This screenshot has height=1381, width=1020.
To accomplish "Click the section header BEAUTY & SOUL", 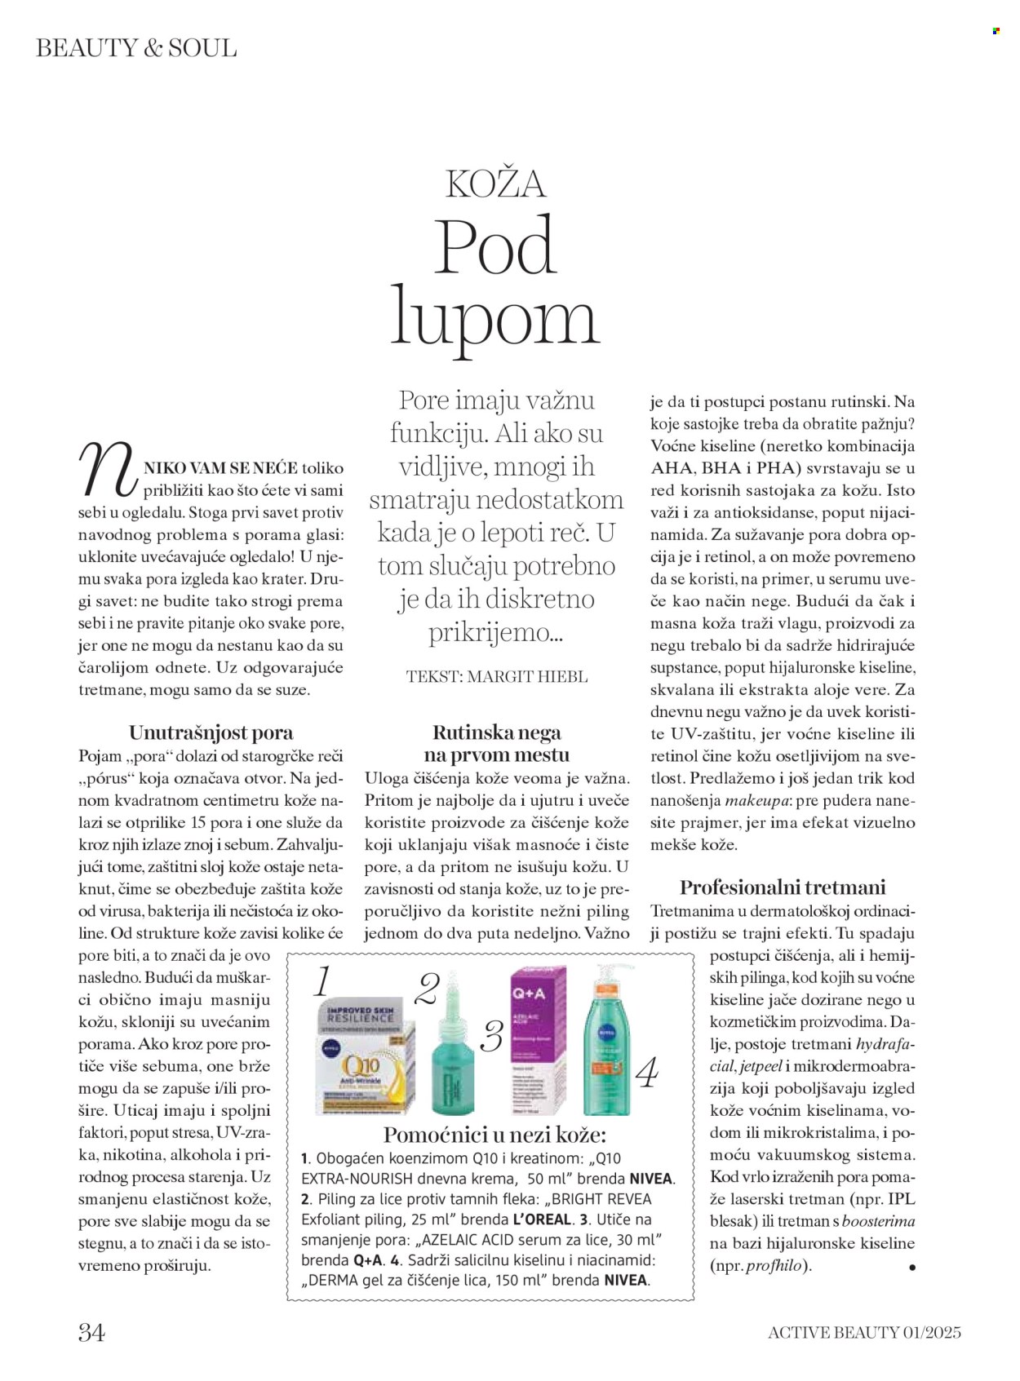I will click(x=136, y=48).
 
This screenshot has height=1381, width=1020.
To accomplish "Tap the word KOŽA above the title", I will click(x=495, y=184).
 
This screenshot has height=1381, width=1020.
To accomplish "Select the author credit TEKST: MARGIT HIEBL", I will click(x=496, y=676).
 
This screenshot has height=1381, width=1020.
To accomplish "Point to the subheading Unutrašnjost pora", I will click(x=211, y=732).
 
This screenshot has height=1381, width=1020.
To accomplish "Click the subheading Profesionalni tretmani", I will click(x=782, y=887).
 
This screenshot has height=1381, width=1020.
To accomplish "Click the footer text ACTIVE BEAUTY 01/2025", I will click(x=864, y=1332).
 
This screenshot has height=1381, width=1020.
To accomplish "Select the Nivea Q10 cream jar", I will click(x=364, y=1059).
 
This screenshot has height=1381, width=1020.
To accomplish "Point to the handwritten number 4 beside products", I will click(x=646, y=1072).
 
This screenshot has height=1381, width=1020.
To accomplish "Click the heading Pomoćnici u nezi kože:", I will click(x=494, y=1135).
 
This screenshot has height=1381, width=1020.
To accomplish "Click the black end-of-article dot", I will click(x=911, y=1268).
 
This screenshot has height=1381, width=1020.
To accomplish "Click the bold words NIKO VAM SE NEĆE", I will click(x=220, y=468).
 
